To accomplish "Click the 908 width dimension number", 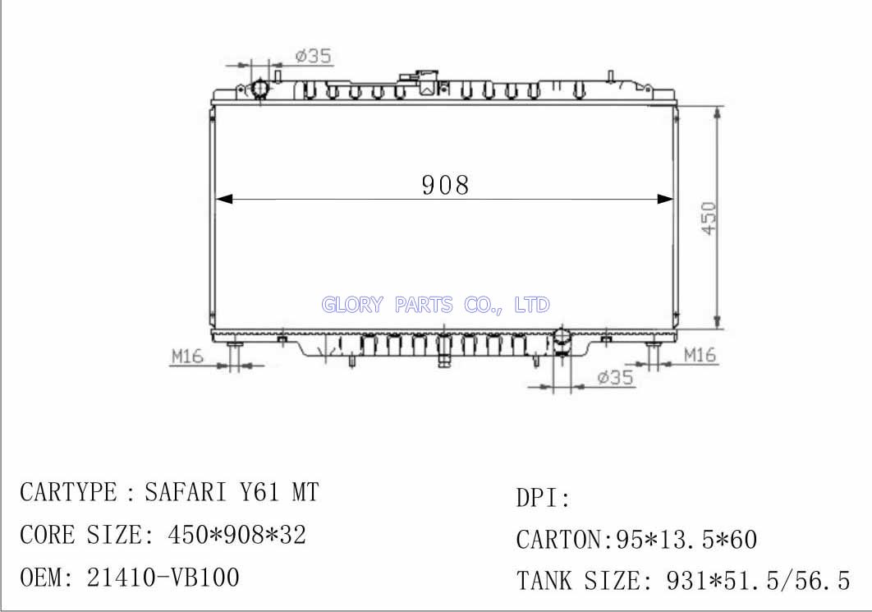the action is pos(445,185).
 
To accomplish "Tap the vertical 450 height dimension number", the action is pos(709,218).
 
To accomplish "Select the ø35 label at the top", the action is pos(313,56).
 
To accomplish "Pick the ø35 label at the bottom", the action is pos(615,377).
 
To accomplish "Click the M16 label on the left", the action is pos(187,356).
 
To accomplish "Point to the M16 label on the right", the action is pos(700,354).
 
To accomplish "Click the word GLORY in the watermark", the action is pos(352,304).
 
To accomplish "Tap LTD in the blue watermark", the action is pos(532,304).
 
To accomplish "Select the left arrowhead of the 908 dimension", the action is pos(223,199).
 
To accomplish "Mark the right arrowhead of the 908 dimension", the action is pos(665,199).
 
